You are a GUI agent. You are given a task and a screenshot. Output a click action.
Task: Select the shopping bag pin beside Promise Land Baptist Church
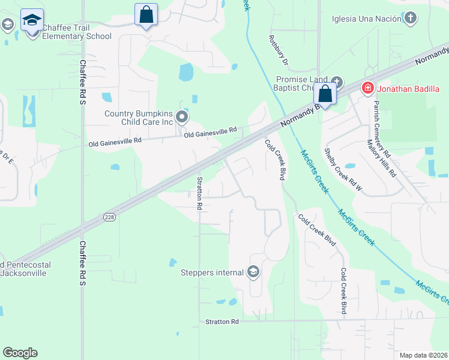coord(325,94)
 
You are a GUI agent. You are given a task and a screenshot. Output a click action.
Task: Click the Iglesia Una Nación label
coord(366,18)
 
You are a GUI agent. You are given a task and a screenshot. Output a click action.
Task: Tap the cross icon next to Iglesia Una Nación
coord(411,17)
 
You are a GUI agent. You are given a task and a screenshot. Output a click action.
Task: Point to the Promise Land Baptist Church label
coord(301,83)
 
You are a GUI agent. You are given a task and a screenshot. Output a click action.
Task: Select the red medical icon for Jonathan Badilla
coord(367,89)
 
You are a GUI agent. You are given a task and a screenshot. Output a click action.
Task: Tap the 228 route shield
coord(109,217)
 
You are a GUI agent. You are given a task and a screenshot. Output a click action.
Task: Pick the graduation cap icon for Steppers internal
coord(253,272)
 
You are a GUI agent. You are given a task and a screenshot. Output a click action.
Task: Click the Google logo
coord(20,353)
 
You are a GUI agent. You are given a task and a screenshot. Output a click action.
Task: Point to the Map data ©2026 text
coord(424,355)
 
